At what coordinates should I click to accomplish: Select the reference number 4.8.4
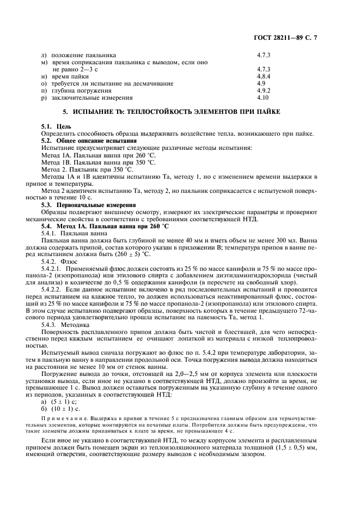click(263, 77)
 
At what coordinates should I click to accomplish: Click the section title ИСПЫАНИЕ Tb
click(179, 112)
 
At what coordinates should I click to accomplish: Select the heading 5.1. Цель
click(53, 126)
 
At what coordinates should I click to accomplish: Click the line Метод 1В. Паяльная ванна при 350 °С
click(98, 162)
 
